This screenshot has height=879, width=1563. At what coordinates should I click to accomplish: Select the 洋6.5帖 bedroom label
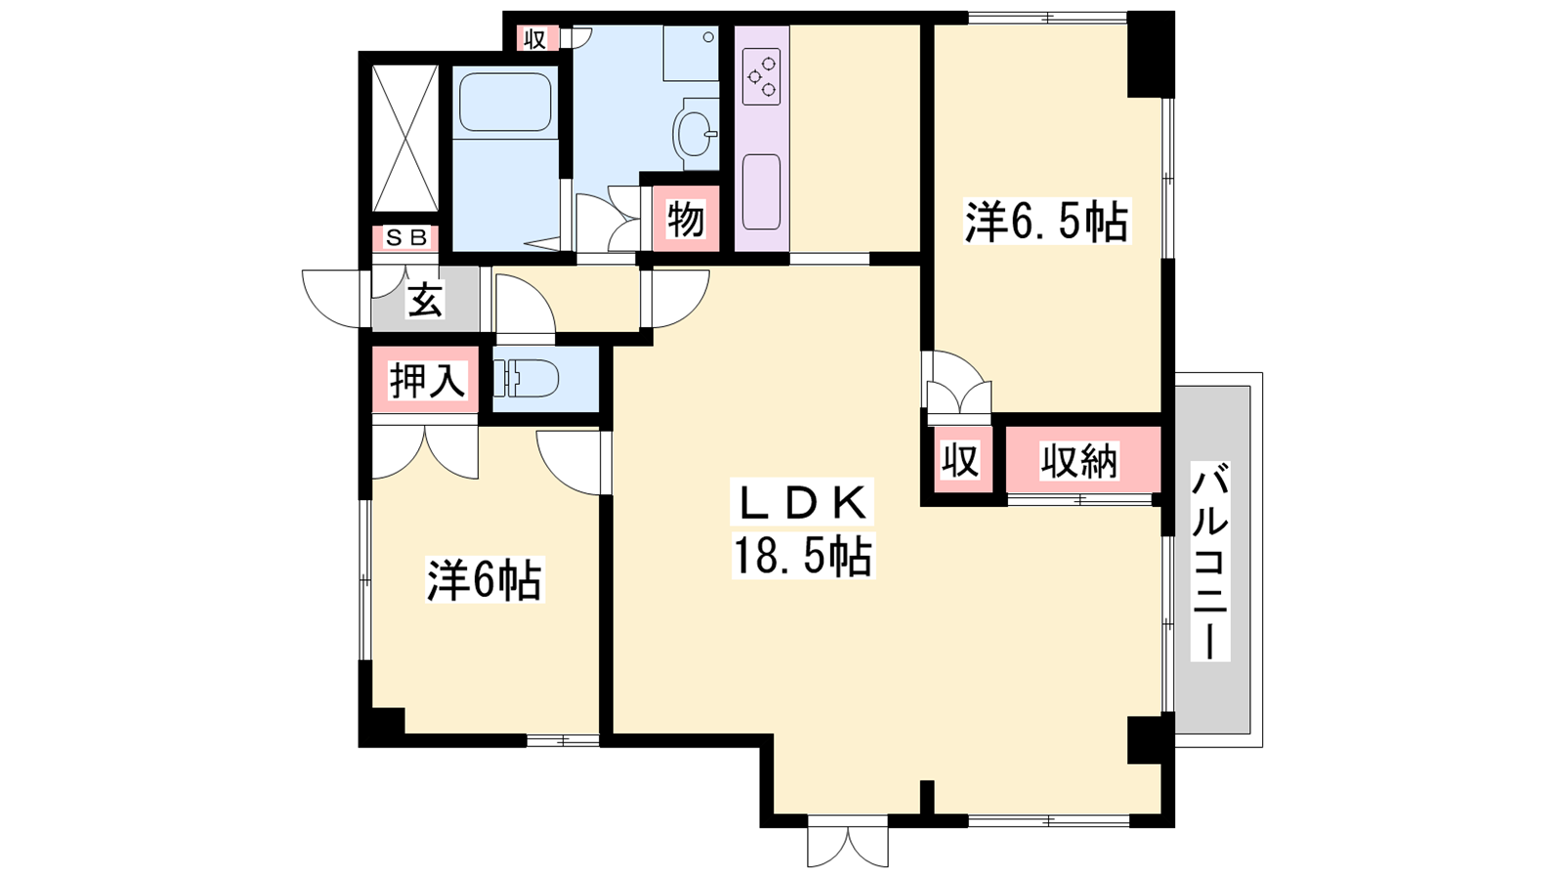coord(1046,221)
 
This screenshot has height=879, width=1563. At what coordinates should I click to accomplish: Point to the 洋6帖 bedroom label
coord(485,579)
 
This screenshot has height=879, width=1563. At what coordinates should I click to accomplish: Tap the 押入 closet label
coord(426,381)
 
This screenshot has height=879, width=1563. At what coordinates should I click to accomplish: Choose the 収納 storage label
coord(1079,460)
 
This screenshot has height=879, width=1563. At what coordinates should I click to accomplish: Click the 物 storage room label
coord(685,219)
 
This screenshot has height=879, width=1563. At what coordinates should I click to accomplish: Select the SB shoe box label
coord(406,238)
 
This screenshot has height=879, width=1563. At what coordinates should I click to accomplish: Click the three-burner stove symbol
coord(761,77)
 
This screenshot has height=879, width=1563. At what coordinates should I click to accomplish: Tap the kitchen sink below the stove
coord(761,191)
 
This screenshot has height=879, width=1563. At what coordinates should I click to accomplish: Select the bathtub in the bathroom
coord(505,102)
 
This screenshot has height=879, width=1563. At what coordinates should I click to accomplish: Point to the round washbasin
coord(695,134)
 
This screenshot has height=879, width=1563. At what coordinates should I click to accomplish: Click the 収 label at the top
coord(535,40)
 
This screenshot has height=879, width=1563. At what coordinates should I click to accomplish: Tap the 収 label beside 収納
coord(961,460)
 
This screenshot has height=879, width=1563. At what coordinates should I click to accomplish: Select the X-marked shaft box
coord(405,138)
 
